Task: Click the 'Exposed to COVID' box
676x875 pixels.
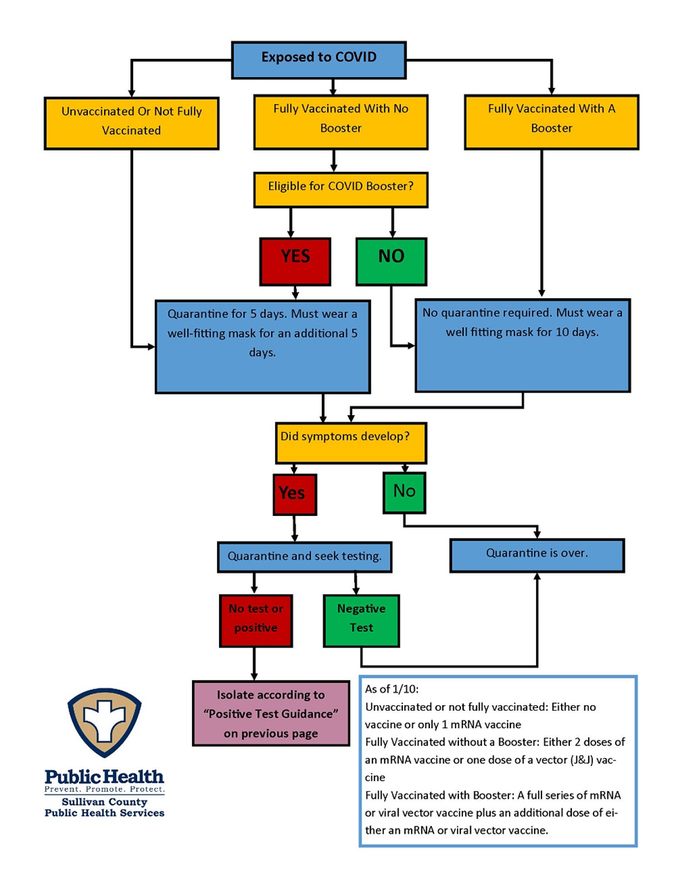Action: coord(318,60)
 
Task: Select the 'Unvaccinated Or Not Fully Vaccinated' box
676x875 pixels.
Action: coord(131,123)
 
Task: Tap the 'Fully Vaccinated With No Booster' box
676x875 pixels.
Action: coord(340,122)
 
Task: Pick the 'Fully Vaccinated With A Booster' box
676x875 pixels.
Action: coord(551,122)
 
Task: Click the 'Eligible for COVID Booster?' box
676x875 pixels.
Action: coord(340,190)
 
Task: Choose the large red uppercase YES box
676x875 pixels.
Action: coord(295,261)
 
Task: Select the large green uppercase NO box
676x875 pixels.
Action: coord(391,261)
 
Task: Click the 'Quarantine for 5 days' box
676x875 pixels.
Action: coord(263,346)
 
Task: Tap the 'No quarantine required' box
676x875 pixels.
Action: coord(522,345)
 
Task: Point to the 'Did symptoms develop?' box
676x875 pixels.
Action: coord(351,442)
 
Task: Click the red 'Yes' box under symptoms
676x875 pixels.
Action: coord(295,494)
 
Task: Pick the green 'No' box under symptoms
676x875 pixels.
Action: coord(404,492)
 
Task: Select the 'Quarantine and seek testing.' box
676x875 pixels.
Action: coord(304,557)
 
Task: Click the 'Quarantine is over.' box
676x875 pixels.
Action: coord(537,555)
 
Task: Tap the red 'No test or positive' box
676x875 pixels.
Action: coord(256,621)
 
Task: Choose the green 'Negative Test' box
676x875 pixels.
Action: coord(361,621)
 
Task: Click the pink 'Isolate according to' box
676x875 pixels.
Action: coord(270,713)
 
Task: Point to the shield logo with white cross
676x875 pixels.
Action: coord(104,722)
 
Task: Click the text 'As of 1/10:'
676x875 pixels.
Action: coord(392,689)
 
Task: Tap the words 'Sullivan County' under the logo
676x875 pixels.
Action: coord(104,802)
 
